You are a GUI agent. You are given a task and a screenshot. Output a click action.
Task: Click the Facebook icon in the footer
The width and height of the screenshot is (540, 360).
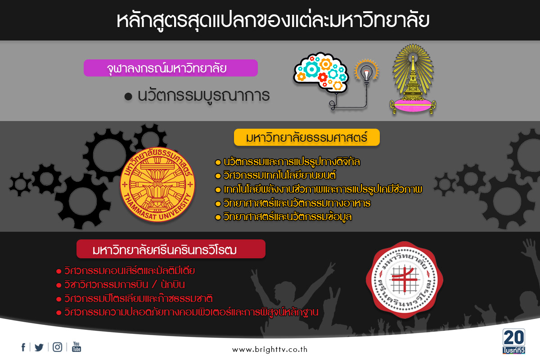pyautogui.click(x=23, y=347)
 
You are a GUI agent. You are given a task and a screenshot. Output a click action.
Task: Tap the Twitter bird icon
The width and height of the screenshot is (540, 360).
pyautogui.click(x=39, y=347)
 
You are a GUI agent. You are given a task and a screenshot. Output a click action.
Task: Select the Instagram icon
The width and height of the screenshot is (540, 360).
pyautogui.click(x=58, y=347)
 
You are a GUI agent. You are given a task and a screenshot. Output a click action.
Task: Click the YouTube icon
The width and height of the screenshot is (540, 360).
pyautogui.click(x=76, y=347)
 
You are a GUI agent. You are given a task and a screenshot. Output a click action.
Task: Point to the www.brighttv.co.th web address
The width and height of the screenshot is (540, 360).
pyautogui.click(x=270, y=349)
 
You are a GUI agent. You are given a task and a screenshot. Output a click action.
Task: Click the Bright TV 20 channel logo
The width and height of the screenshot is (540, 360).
pyautogui.click(x=514, y=341)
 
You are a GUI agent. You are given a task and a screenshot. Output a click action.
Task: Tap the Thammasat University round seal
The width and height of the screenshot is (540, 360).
pyautogui.click(x=157, y=184)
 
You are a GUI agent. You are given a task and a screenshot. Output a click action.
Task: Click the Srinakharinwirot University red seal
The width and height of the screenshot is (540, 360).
pyautogui.click(x=405, y=280)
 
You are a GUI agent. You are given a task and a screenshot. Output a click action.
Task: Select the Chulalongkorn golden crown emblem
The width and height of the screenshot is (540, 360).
pyautogui.click(x=413, y=79)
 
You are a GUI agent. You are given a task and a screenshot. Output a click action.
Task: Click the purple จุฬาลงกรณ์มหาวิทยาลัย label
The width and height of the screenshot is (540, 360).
pyautogui.click(x=171, y=68)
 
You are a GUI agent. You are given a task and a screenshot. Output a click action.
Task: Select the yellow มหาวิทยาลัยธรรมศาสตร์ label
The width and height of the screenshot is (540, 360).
pyautogui.click(x=306, y=137)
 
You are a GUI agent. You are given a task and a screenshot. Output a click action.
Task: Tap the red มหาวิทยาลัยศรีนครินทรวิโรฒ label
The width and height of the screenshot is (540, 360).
pyautogui.click(x=171, y=249)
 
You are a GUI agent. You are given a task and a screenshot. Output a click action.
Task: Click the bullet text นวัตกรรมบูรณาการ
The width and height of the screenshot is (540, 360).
pyautogui.click(x=203, y=95)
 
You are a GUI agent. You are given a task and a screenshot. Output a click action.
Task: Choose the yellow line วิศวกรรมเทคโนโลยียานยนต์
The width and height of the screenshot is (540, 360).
pyautogui.click(x=279, y=175)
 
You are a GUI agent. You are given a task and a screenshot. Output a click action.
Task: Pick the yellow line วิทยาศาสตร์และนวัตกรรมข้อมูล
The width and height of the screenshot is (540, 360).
pyautogui.click(x=288, y=217)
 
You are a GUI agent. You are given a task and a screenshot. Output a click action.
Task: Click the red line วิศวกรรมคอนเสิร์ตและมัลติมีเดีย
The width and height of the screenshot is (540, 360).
pyautogui.click(x=130, y=270)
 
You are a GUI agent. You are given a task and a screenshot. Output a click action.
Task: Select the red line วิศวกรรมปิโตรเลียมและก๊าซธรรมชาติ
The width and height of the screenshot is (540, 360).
pyautogui.click(x=139, y=298)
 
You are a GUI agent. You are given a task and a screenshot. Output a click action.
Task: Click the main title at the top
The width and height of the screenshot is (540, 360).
pyautogui.click(x=273, y=21)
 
